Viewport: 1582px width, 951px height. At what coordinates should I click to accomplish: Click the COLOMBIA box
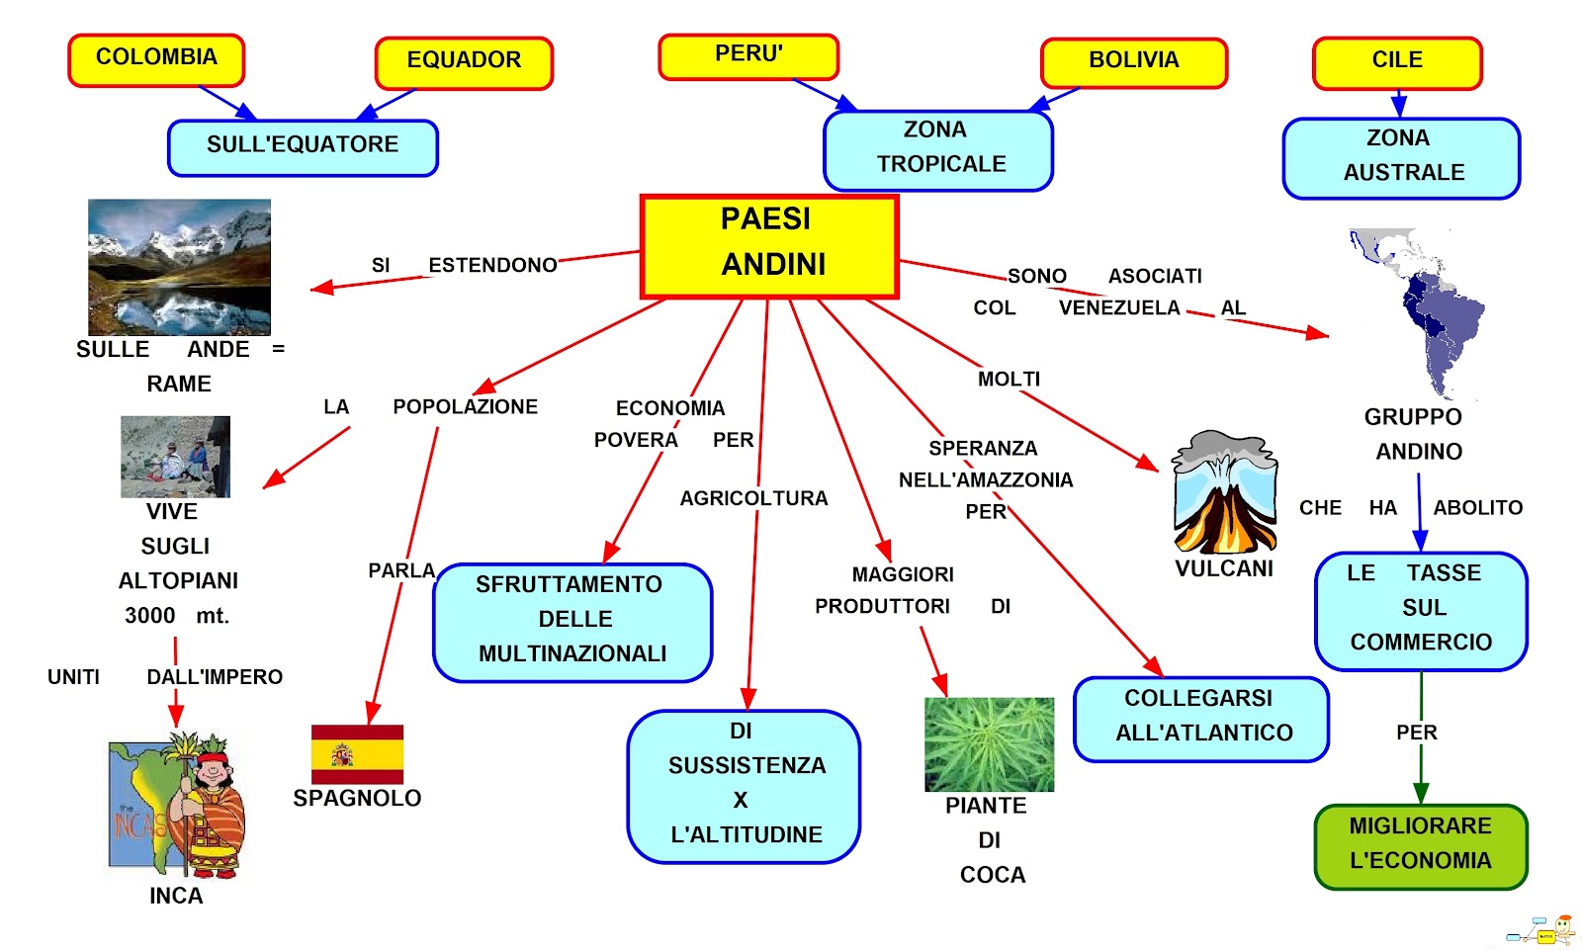coord(156,59)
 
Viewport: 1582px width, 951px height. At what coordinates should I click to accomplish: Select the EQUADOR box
coord(464,62)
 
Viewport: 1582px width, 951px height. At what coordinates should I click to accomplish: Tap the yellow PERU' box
coord(748,56)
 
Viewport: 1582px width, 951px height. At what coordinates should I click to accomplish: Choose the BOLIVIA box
coord(1134,62)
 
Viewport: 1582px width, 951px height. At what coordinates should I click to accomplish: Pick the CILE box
coord(1397,62)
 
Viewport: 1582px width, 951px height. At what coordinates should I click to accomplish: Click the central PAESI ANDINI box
coord(769,245)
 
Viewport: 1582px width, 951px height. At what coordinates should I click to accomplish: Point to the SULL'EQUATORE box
coord(303,147)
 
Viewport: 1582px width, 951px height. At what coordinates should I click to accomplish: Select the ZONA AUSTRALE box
coord(1401,157)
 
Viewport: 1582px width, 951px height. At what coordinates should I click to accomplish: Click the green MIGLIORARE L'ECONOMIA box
coord(1421,845)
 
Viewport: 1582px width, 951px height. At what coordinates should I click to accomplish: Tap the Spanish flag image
coord(357,753)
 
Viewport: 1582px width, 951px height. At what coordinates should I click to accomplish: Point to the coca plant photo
coord(989,743)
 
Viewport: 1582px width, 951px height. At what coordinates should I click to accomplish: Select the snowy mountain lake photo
coord(179,267)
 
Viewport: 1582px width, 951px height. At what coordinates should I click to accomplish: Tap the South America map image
coord(1419,311)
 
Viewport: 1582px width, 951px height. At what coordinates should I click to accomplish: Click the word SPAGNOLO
coord(357,798)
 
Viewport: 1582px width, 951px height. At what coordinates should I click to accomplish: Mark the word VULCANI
coord(1224,568)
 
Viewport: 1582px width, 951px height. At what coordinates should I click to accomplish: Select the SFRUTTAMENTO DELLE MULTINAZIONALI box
coord(572,621)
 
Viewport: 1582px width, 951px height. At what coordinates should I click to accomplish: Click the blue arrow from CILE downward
coord(1398,104)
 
